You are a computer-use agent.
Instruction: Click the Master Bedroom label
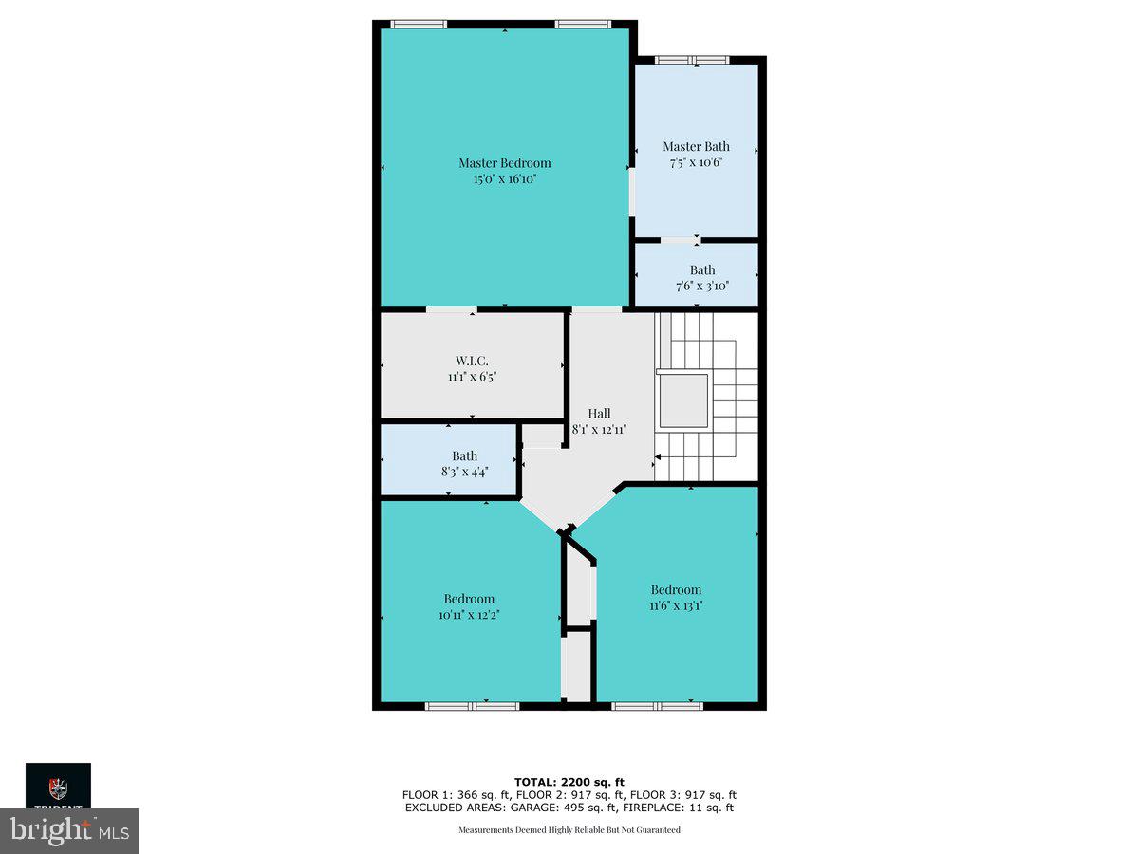[x=504, y=162]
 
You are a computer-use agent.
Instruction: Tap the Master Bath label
[x=696, y=146]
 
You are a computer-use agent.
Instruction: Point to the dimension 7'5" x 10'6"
[x=696, y=162]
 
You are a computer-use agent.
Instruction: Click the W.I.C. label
[x=472, y=360]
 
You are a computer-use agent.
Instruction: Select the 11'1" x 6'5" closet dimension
[x=472, y=376]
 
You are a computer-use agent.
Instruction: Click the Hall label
[x=599, y=413]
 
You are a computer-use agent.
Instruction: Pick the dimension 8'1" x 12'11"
[x=599, y=429]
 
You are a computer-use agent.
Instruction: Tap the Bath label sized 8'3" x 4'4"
[x=464, y=455]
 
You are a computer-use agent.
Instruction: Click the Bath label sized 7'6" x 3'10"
[x=702, y=269]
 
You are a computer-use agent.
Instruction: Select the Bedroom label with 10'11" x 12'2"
[x=469, y=599]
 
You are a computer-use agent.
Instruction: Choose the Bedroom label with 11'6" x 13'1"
[x=676, y=589]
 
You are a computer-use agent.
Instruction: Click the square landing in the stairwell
[x=682, y=400]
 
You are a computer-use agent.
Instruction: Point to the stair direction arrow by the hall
[x=658, y=457]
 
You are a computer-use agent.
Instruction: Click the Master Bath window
[x=693, y=60]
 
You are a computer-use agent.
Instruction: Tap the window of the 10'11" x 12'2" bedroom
[x=472, y=706]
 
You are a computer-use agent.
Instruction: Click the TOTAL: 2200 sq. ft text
[x=569, y=782]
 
